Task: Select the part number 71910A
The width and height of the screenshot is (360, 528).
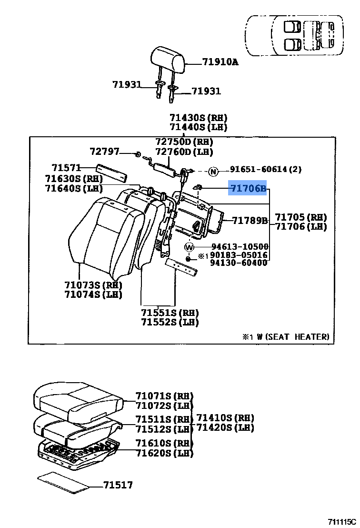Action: [220, 62]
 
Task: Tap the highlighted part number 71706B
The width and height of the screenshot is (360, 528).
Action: [248, 189]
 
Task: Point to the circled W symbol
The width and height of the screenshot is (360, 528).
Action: [190, 247]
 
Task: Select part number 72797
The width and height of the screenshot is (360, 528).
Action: [104, 151]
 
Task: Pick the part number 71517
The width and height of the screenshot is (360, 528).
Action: [118, 485]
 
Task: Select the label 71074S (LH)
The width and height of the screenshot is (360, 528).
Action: [93, 294]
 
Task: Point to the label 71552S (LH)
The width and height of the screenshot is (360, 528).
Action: [170, 322]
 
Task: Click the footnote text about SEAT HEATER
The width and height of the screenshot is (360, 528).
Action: [286, 336]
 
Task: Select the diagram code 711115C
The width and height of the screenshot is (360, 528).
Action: [341, 522]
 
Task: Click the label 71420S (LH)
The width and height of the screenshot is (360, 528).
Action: [225, 427]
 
